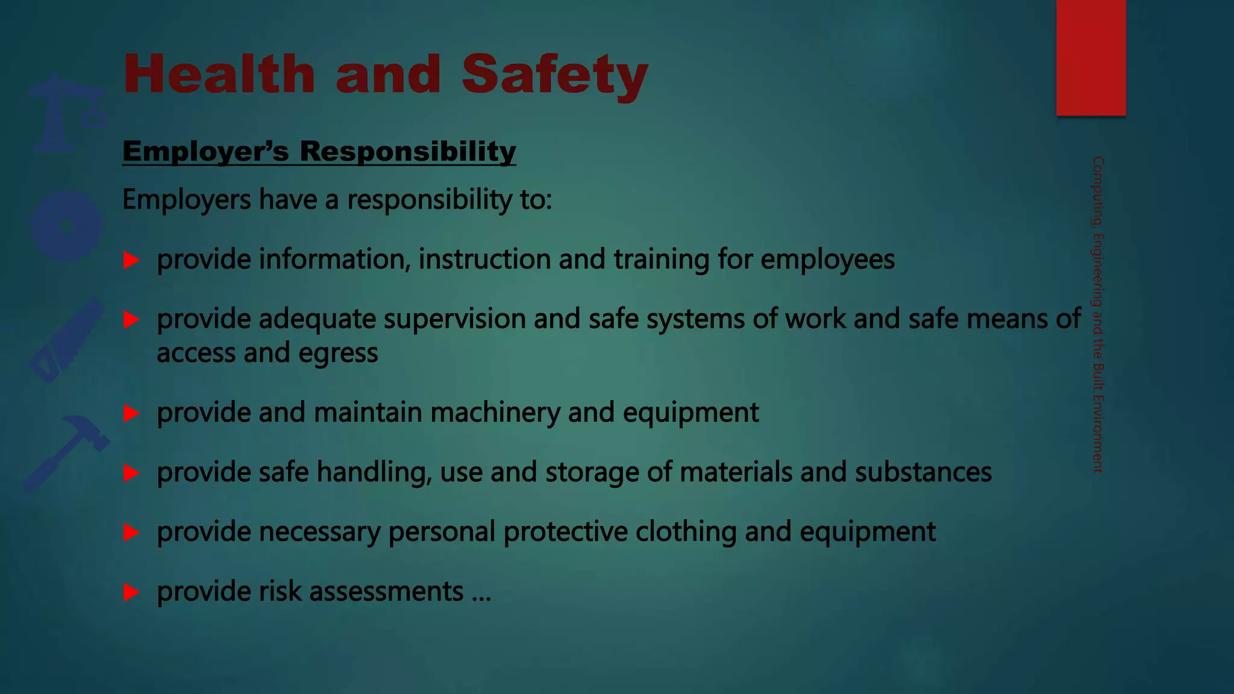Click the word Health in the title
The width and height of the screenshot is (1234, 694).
point(219,74)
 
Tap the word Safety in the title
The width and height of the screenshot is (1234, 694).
point(554,75)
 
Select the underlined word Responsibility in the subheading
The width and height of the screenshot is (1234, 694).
point(408,151)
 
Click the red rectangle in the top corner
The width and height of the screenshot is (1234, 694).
point(1091,57)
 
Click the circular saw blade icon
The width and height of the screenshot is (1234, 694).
point(67,226)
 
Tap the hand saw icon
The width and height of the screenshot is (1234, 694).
point(67,340)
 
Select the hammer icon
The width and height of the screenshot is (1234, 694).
point(67,452)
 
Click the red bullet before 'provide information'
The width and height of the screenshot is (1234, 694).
point(131,260)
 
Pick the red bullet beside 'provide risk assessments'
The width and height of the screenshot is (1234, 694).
point(131,592)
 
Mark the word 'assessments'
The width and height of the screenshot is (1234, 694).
point(386,592)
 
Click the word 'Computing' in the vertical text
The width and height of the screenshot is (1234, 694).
point(1098,191)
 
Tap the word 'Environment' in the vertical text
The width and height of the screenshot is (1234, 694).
point(1098,433)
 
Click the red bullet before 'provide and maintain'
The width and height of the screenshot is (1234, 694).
point(131,413)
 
